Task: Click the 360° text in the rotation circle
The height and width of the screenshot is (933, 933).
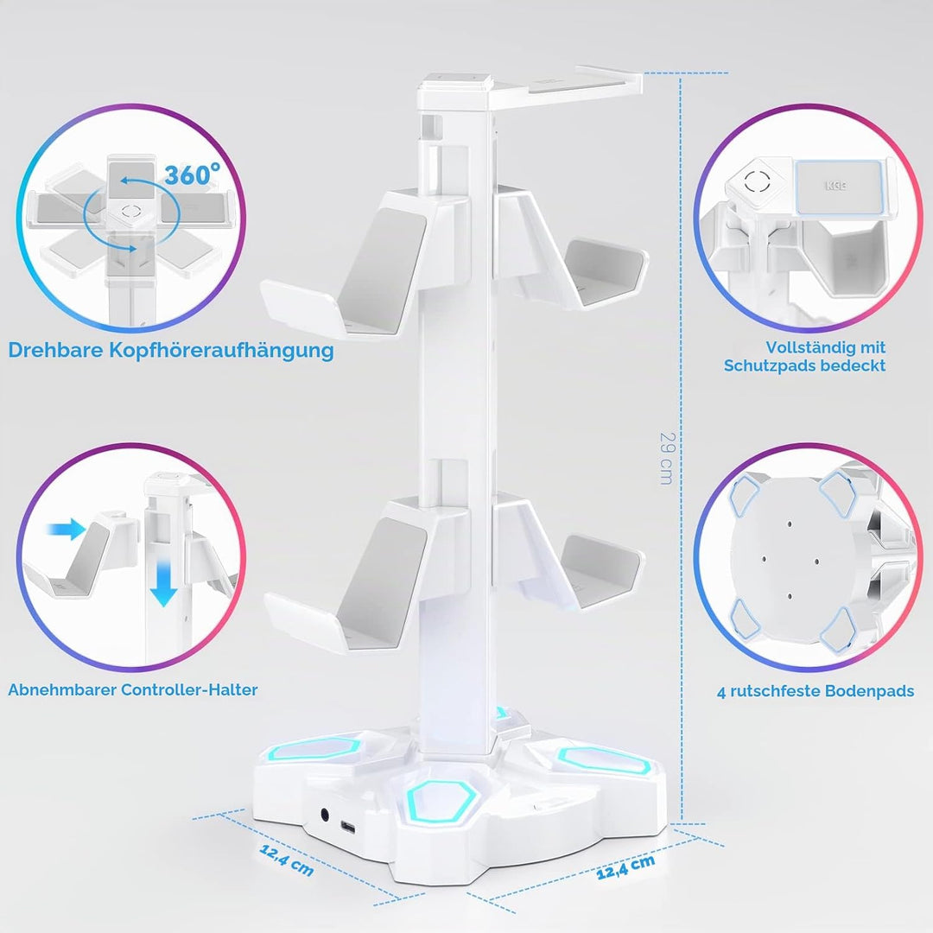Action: coord(192,175)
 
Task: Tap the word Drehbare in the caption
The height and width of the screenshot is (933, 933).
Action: coord(55,350)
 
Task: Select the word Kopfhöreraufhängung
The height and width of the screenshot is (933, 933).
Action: coord(221,351)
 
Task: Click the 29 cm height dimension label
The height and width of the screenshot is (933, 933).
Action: coord(667,458)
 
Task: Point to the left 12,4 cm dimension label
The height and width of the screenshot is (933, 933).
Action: coord(286,860)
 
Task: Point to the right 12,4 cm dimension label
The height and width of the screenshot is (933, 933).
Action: coord(625,866)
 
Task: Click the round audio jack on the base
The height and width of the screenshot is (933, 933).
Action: coord(326,814)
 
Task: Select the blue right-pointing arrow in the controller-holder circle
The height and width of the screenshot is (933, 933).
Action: coord(67,529)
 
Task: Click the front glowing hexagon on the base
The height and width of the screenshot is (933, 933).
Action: coord(442,797)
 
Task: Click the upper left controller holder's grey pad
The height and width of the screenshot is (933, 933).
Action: coord(381,269)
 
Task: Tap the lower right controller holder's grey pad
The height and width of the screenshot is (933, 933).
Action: coord(600,569)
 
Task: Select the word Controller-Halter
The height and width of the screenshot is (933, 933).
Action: coord(189,689)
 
